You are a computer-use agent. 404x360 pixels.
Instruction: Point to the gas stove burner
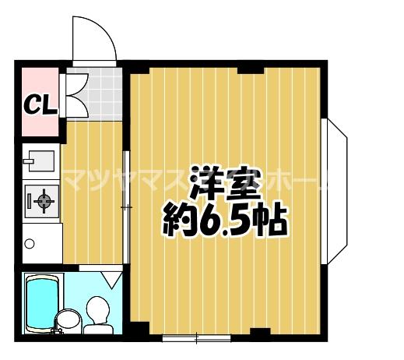pos(41,202)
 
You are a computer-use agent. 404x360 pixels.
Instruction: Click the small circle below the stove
pos(30,244)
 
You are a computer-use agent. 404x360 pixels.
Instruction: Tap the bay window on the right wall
pos(336,190)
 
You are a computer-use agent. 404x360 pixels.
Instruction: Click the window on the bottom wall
pos(196,338)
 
